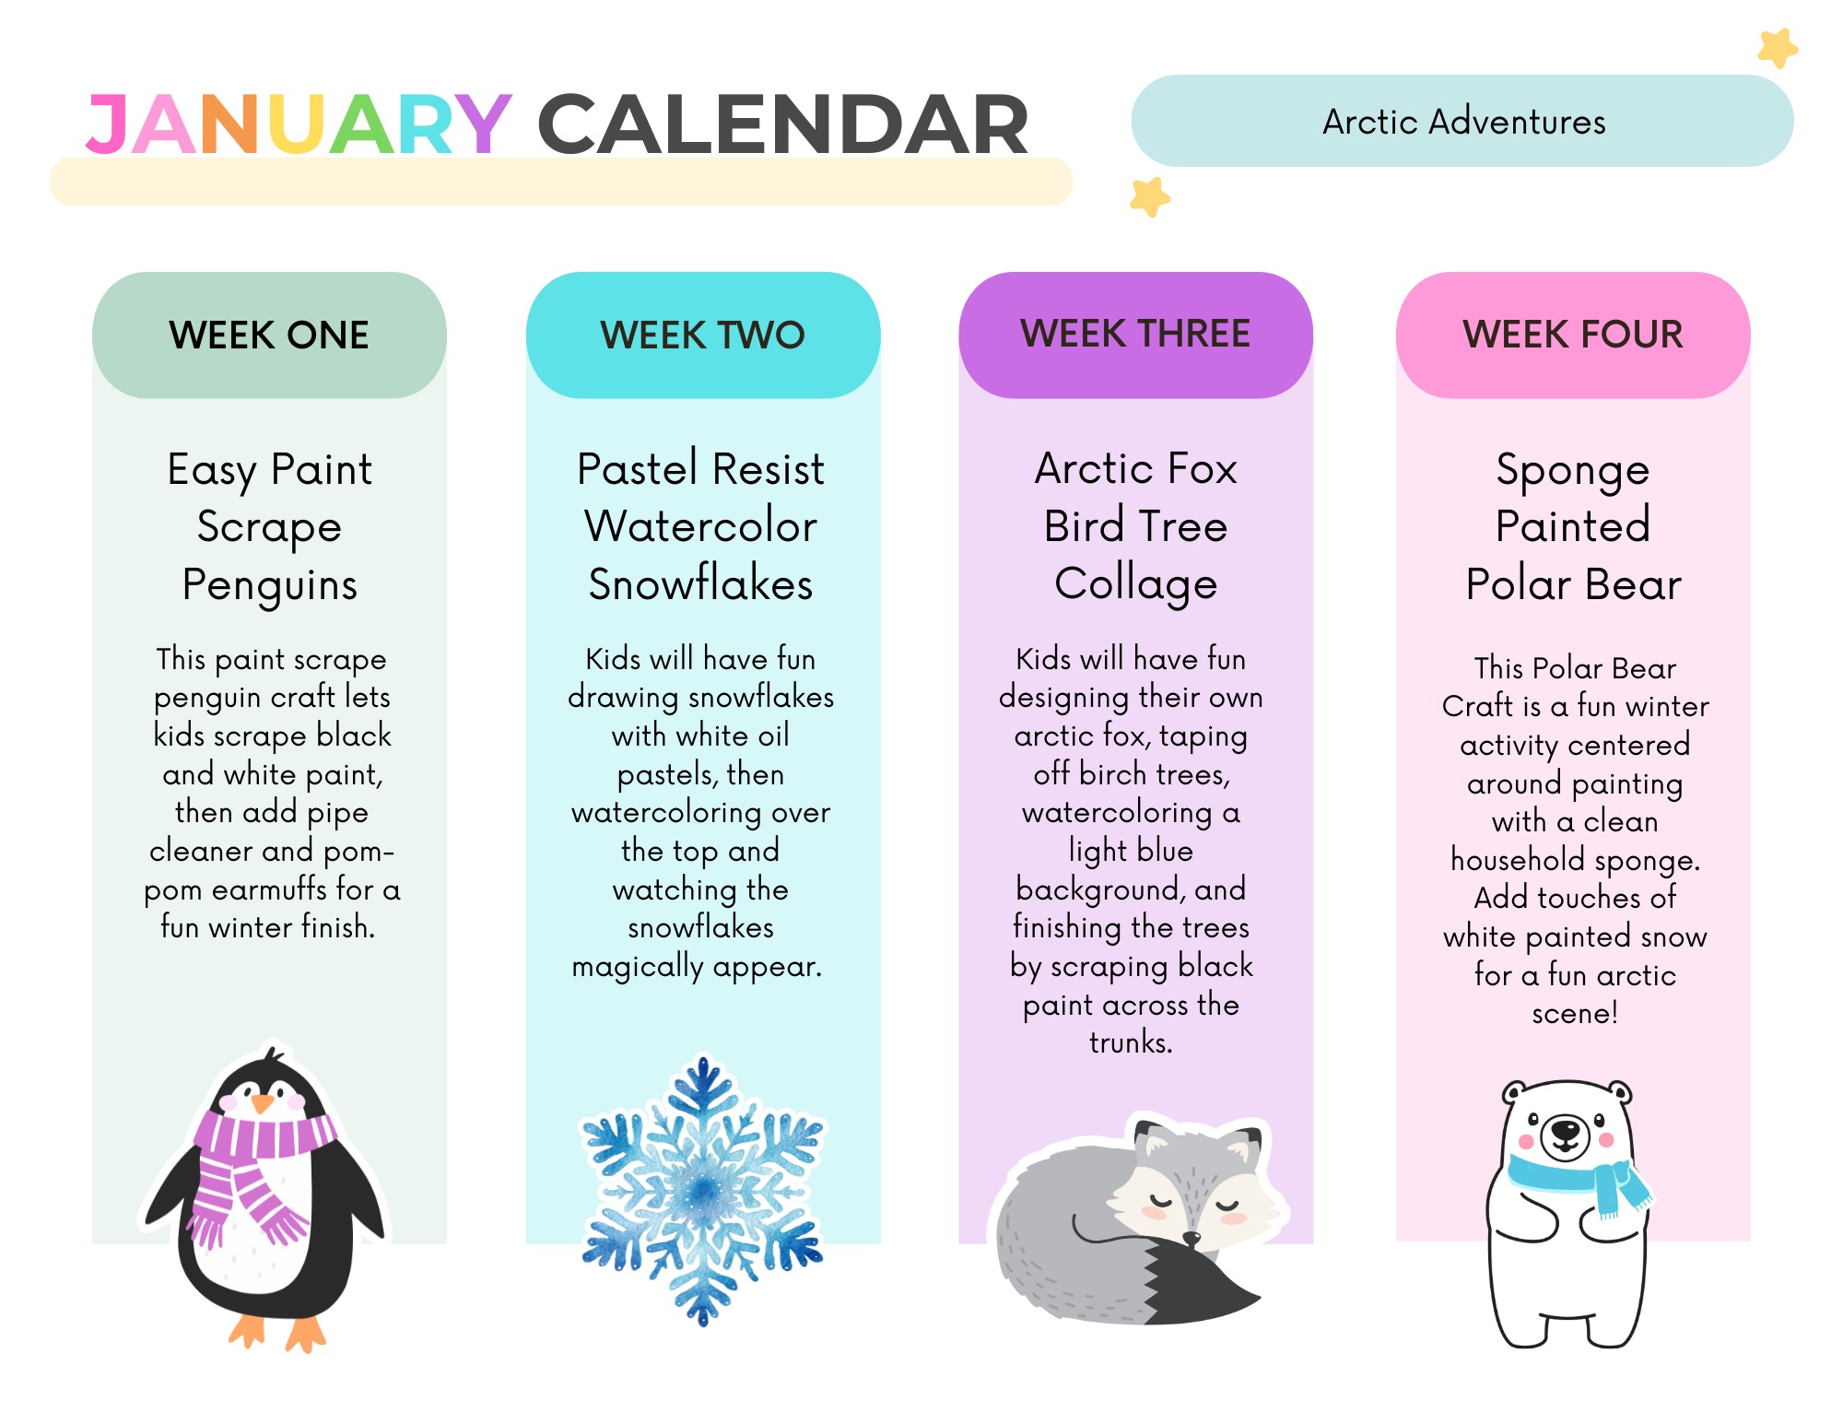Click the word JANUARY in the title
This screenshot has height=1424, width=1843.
click(299, 124)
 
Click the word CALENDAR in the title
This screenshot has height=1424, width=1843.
click(782, 124)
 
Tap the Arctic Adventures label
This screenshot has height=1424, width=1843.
click(1463, 122)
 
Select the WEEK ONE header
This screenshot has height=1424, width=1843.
click(269, 335)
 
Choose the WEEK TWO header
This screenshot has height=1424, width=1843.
click(703, 335)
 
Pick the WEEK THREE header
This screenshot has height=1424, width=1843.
click(1135, 334)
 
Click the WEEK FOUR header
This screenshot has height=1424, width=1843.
click(1573, 334)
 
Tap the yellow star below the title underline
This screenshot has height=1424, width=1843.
click(1150, 196)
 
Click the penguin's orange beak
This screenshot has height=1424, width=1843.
click(263, 1102)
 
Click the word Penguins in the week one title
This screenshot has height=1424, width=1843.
click(270, 586)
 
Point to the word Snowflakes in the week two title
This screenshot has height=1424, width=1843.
click(701, 584)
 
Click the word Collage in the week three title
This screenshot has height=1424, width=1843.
click(1136, 585)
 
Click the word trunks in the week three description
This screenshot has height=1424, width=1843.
click(1131, 1042)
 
